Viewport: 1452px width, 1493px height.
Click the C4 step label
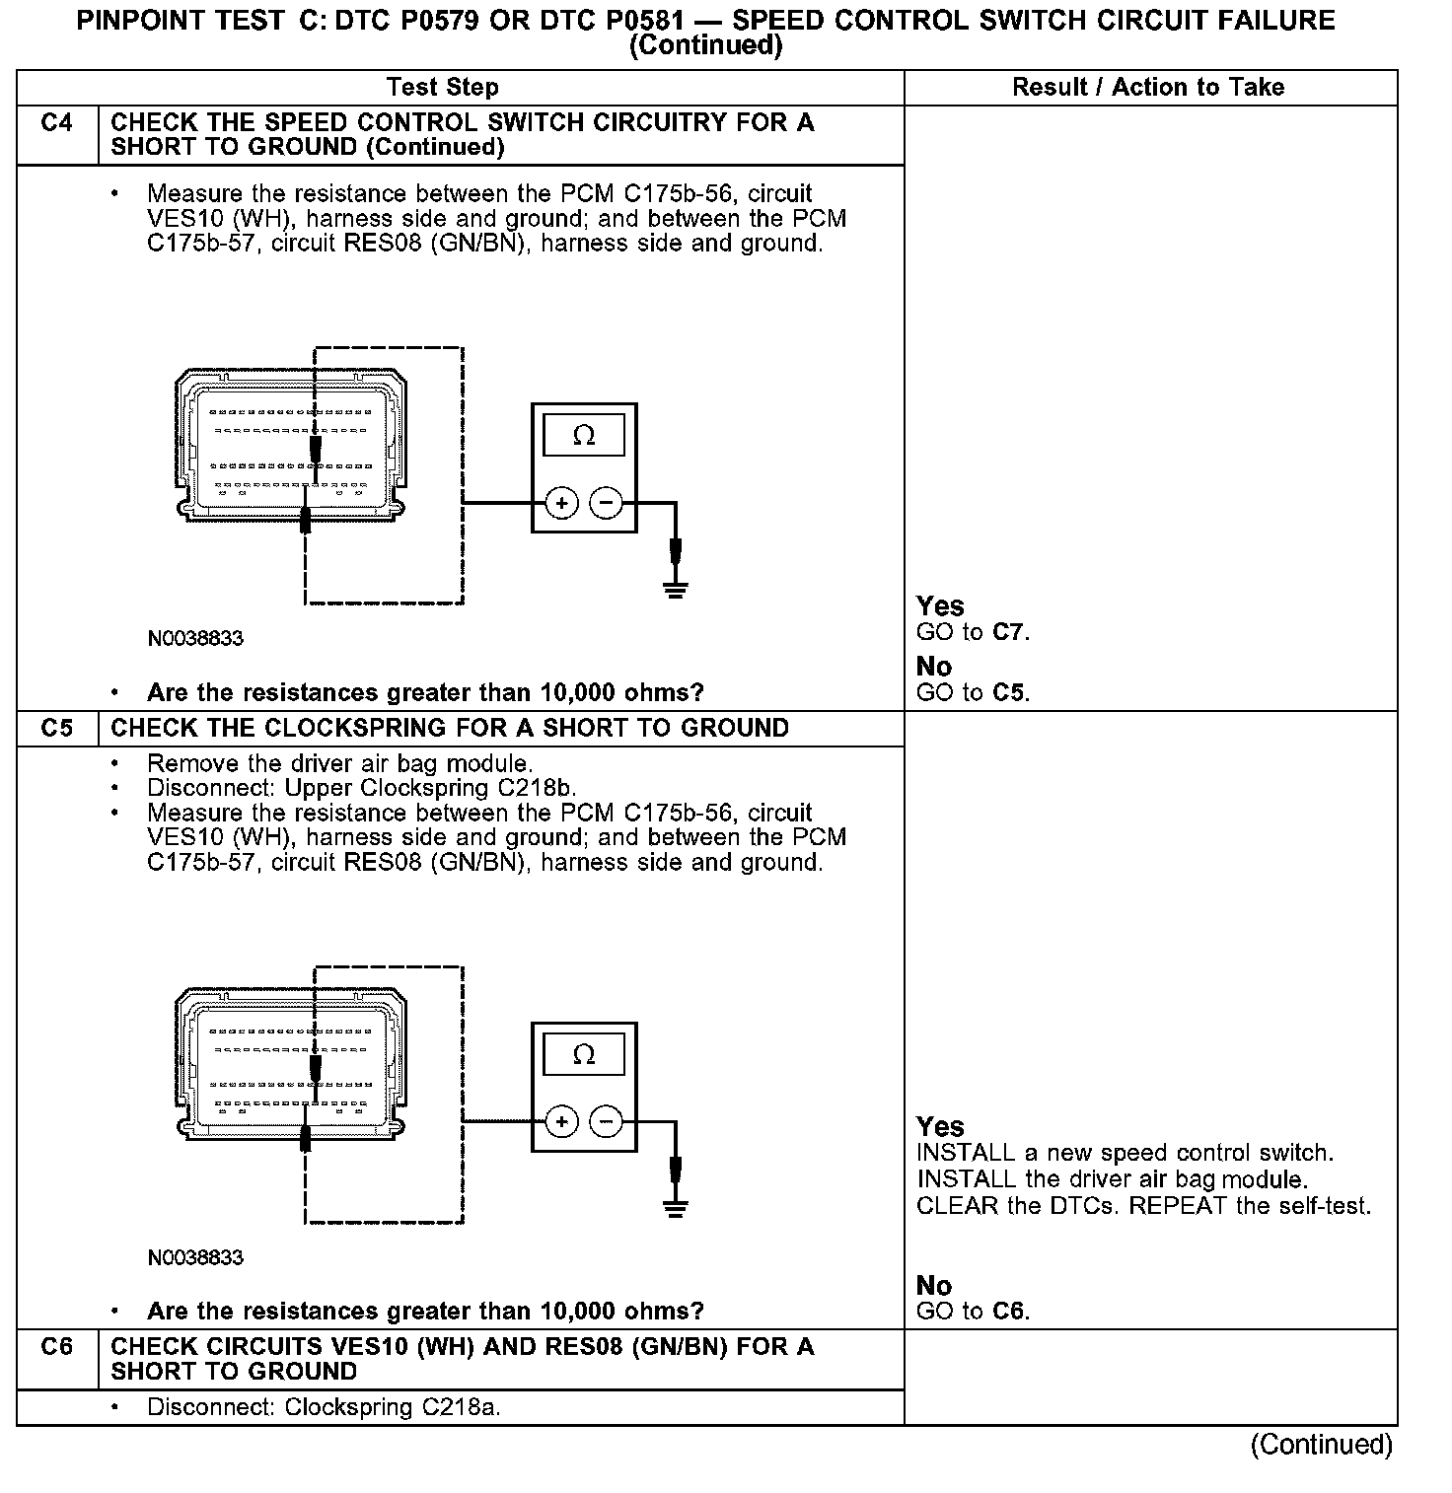[56, 123]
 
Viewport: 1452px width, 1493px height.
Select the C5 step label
[56, 729]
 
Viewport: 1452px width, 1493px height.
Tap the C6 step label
[56, 1347]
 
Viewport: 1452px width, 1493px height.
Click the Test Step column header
[443, 88]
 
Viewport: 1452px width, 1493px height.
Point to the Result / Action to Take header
[1148, 88]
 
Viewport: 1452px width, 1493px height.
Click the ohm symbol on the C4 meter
[584, 436]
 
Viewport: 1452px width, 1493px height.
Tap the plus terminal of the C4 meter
[561, 504]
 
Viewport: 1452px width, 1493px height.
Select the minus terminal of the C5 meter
[606, 1122]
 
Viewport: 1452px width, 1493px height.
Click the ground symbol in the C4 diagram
[676, 590]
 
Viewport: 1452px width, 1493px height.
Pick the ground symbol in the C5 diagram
[676, 1208]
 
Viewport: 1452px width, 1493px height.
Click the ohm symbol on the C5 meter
[584, 1055]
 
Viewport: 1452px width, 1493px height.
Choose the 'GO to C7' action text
[973, 633]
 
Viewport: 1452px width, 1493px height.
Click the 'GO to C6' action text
[973, 1312]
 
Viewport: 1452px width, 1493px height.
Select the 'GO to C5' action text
[973, 693]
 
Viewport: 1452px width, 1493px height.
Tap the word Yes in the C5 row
[940, 1126]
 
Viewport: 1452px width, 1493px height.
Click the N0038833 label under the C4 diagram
[195, 639]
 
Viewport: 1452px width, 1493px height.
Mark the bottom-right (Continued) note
[1322, 1445]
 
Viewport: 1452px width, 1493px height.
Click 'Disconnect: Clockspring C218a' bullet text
[324, 1407]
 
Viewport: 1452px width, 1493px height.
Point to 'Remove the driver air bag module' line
[339, 764]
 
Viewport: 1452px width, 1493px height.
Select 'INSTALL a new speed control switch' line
[1125, 1154]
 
